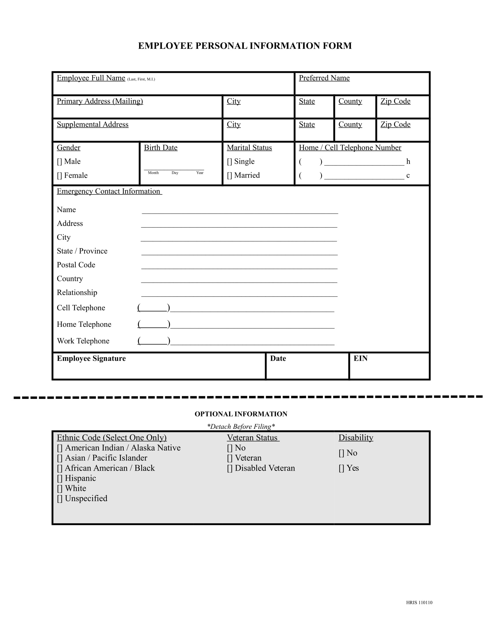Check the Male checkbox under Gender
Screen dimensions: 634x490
[x=59, y=162]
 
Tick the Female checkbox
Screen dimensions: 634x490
[x=59, y=176]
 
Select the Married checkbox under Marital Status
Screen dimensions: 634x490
[x=229, y=176]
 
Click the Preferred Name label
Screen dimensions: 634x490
[x=324, y=78]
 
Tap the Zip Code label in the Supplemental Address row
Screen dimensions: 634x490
[x=395, y=124]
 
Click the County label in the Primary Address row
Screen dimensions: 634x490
[x=350, y=101]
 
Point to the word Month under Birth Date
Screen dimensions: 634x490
[x=153, y=173]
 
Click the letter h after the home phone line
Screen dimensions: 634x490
[x=408, y=162]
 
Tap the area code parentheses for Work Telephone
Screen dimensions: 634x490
[x=154, y=341]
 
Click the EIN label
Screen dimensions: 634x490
[x=360, y=358]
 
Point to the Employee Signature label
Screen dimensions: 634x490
[x=91, y=358]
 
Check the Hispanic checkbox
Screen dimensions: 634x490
[x=59, y=478]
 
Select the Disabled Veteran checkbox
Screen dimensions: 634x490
[x=230, y=468]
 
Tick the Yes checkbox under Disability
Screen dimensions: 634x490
[x=341, y=468]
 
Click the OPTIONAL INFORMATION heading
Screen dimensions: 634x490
[x=241, y=414]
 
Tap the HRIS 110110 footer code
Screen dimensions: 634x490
[x=419, y=603]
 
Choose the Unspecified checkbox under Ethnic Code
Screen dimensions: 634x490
[x=59, y=499]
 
